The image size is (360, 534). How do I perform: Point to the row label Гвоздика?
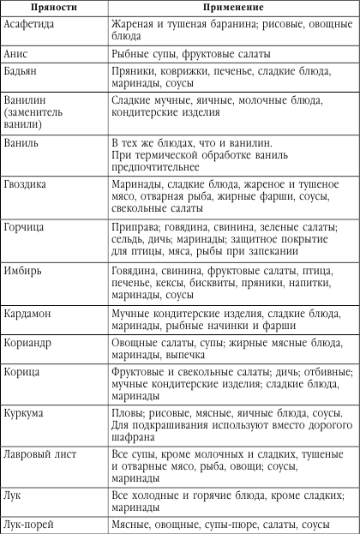[28, 183]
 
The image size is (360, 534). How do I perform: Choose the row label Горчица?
[25, 228]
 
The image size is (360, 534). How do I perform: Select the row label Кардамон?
[28, 313]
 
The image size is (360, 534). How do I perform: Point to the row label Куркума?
[27, 414]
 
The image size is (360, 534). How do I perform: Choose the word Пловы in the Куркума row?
[128, 414]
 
